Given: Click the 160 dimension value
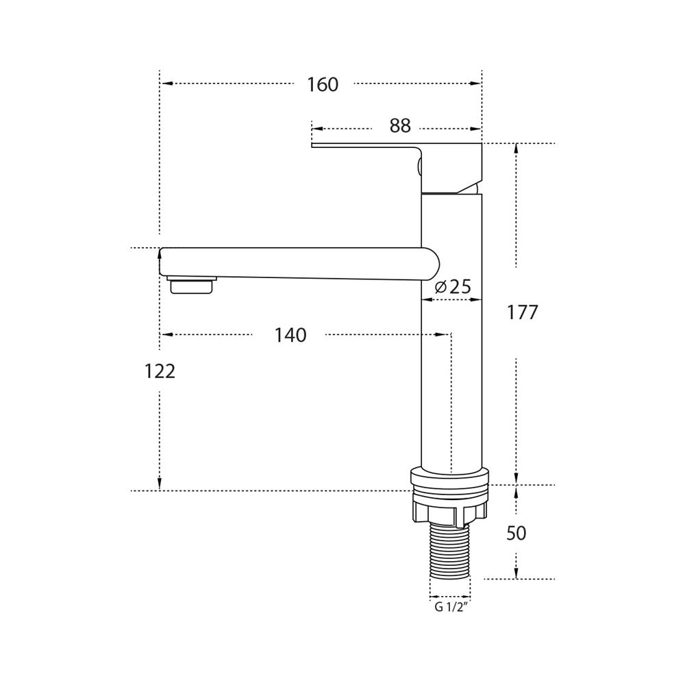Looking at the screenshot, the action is coord(323,84).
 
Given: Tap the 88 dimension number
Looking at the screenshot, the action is coord(400,126).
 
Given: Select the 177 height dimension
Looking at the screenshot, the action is coord(522,312).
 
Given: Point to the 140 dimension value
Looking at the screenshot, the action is coord(290,335).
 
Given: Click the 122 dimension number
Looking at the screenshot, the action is coord(160,371).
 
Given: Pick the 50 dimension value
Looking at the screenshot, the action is coord(516,534).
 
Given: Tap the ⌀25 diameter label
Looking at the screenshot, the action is coord(453,286).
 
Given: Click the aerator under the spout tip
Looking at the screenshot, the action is coord(192,284).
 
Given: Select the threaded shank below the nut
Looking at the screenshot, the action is coord(450,551).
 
